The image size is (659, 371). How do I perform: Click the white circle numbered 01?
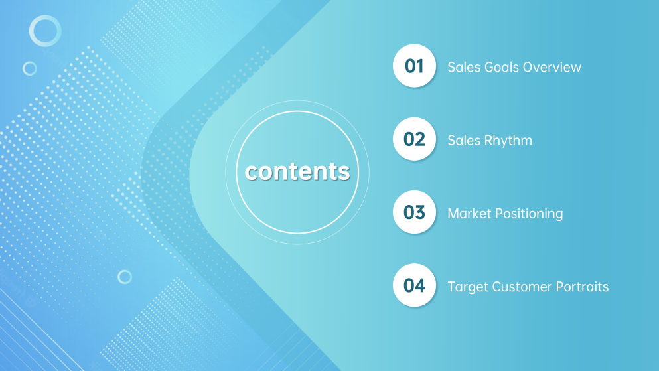[414, 66]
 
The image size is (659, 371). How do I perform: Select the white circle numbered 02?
[414, 139]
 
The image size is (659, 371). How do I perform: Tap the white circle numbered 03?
[414, 212]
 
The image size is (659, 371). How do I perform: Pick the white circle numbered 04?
[414, 285]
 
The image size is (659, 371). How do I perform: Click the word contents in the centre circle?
[297, 171]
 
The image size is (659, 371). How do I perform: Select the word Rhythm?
[508, 140]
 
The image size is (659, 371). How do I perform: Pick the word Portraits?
[582, 287]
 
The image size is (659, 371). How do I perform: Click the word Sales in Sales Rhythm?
[464, 140]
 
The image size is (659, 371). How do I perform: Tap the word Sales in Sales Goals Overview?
[464, 67]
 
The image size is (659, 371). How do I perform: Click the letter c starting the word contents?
[252, 173]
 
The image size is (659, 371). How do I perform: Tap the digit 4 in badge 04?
[419, 285]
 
